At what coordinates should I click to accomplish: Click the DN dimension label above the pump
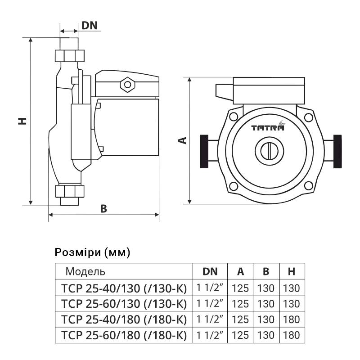90,25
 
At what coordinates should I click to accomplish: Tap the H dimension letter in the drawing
22,121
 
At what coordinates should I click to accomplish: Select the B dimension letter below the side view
103,208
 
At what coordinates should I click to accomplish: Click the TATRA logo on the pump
268,127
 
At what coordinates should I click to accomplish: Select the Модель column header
85,271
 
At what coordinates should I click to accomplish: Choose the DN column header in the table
210,271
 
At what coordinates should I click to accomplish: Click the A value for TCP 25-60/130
241,303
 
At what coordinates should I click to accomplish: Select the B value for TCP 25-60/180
266,335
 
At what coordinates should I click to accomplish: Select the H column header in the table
291,271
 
